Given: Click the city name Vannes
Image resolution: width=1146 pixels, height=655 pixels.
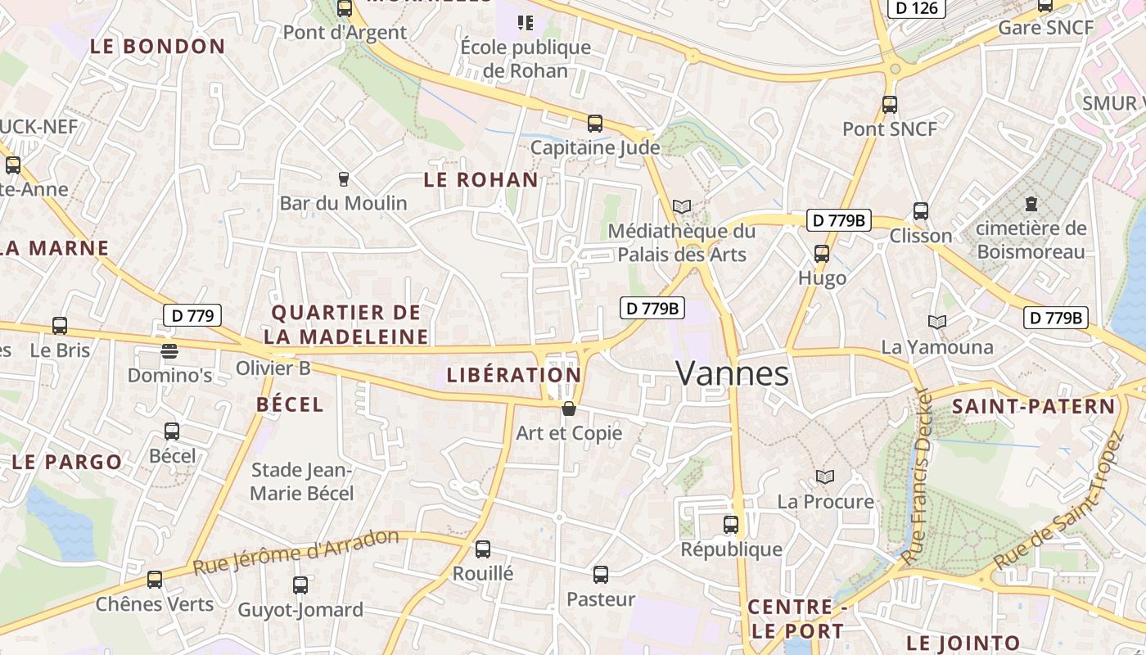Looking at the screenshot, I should (x=733, y=374).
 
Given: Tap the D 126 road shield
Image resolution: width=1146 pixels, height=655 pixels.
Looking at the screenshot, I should (x=917, y=8).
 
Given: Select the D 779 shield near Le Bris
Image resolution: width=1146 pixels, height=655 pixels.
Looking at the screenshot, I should (x=193, y=315).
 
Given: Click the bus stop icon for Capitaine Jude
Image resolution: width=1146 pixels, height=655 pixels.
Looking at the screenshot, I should (x=595, y=124).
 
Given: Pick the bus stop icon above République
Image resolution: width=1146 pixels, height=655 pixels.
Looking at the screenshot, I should (x=731, y=525).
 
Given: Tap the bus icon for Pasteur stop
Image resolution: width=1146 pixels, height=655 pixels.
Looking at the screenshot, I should (x=601, y=575).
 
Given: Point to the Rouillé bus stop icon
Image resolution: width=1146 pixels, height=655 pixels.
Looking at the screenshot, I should (x=483, y=549).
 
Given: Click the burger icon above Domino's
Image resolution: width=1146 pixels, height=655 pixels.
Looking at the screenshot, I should (x=169, y=351).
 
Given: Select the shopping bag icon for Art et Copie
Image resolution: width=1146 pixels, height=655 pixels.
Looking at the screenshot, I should (x=569, y=409).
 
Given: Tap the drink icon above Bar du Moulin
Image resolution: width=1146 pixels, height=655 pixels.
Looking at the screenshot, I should (x=344, y=178).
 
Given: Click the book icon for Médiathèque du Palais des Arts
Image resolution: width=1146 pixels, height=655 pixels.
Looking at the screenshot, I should (x=682, y=207).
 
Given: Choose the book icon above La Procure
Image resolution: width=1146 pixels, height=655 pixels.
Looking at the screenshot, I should (x=825, y=477).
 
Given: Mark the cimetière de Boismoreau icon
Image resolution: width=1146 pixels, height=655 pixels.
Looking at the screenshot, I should (x=1031, y=203).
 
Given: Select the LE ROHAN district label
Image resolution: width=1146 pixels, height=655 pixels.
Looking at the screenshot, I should (x=481, y=180).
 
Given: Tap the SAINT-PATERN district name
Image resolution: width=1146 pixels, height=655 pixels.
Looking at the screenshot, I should (x=1033, y=407).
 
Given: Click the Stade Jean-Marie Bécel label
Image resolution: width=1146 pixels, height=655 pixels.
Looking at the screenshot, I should (x=302, y=481).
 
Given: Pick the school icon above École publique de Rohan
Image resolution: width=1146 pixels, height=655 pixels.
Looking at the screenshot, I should (x=526, y=22).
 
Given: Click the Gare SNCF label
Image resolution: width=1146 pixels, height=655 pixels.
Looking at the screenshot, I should (x=1045, y=28).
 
